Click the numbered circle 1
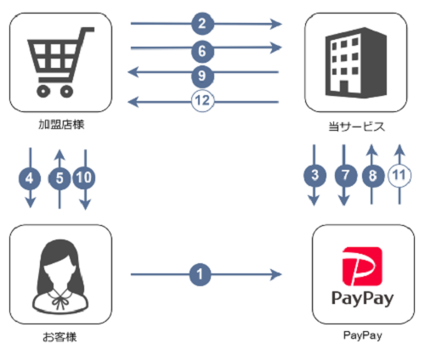201,274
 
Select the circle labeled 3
314,177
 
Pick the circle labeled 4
31,178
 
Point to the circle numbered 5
59,178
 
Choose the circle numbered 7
344,177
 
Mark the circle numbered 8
372,177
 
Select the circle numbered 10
85,178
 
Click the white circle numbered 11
399,177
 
